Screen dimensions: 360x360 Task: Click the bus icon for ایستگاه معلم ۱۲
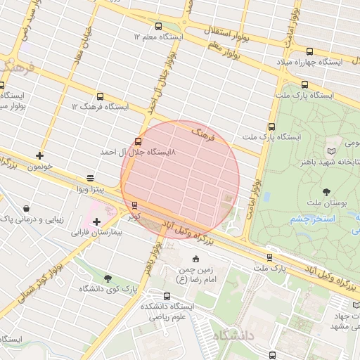pyautogui.click(x=157, y=25)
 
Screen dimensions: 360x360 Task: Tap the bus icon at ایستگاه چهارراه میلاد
pyautogui.click(x=310, y=51)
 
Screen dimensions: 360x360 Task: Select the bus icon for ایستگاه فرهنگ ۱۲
pyautogui.click(x=100, y=96)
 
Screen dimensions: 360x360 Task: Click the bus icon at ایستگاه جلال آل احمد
pyautogui.click(x=137, y=141)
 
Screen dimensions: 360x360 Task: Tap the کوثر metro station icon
pyautogui.click(x=134, y=205)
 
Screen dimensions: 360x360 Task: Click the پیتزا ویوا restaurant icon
pyautogui.click(x=90, y=179)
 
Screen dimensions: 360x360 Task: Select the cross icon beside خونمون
pyautogui.click(x=39, y=155)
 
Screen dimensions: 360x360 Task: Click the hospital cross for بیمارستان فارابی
pyautogui.click(x=96, y=222)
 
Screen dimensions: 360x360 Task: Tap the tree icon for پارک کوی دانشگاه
pyautogui.click(x=108, y=278)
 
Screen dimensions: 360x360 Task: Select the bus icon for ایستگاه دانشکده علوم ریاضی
pyautogui.click(x=167, y=296)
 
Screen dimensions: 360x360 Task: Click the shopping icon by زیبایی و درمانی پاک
pyautogui.click(x=26, y=209)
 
